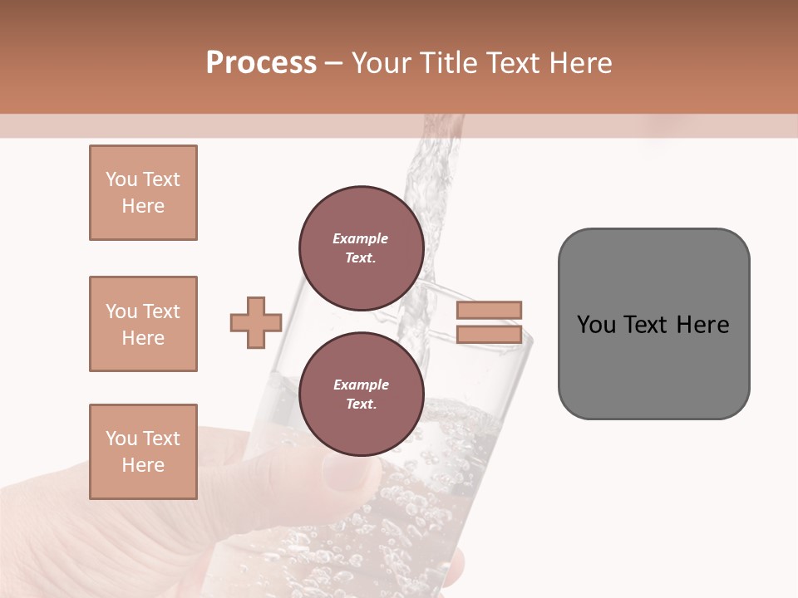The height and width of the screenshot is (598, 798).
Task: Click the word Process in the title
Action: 261,63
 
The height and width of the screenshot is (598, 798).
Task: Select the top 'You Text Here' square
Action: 143,193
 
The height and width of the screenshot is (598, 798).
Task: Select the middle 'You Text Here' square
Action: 143,324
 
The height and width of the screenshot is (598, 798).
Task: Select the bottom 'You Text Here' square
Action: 143,452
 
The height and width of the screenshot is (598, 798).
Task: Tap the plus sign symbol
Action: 256,322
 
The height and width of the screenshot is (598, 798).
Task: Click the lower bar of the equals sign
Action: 490,335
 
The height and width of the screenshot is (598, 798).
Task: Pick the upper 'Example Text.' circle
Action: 361,248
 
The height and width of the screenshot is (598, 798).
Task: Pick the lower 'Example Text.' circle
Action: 361,395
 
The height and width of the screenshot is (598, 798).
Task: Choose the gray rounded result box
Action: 653,323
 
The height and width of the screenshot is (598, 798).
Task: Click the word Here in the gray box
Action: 702,325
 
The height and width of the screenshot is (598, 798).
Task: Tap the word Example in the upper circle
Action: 360,238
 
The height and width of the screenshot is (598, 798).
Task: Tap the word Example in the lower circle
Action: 361,385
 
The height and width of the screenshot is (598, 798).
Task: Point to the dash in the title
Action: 333,63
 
